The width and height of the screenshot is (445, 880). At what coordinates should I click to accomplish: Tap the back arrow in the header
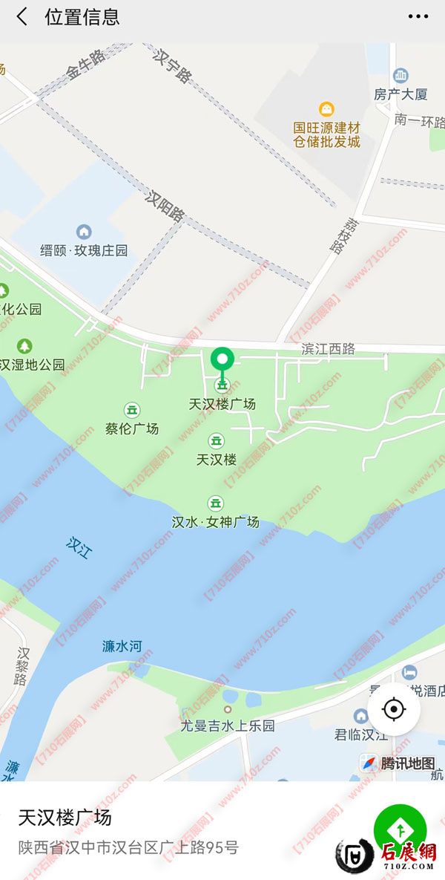(22, 17)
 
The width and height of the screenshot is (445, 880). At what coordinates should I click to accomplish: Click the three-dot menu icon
(418, 17)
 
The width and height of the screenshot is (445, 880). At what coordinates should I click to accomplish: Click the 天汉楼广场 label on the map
(222, 404)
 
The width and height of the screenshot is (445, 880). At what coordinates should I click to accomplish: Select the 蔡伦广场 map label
(132, 428)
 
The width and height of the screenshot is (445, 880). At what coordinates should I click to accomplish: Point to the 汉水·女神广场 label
(216, 521)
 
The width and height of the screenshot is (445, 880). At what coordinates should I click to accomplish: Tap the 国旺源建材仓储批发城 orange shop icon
(326, 109)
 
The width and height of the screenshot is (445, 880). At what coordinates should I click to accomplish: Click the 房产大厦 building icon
(400, 75)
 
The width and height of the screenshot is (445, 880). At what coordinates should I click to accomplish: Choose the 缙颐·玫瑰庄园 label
(84, 250)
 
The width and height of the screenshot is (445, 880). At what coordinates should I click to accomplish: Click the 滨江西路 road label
(328, 348)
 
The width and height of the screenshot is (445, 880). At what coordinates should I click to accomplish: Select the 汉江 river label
(77, 547)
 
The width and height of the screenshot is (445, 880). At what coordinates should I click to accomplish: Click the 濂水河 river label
(122, 646)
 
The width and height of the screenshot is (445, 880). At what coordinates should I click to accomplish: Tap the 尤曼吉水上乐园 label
(228, 725)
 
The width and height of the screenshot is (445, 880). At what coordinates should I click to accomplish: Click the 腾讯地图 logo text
(407, 763)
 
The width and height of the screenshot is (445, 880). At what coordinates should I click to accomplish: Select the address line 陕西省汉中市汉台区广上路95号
(128, 847)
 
